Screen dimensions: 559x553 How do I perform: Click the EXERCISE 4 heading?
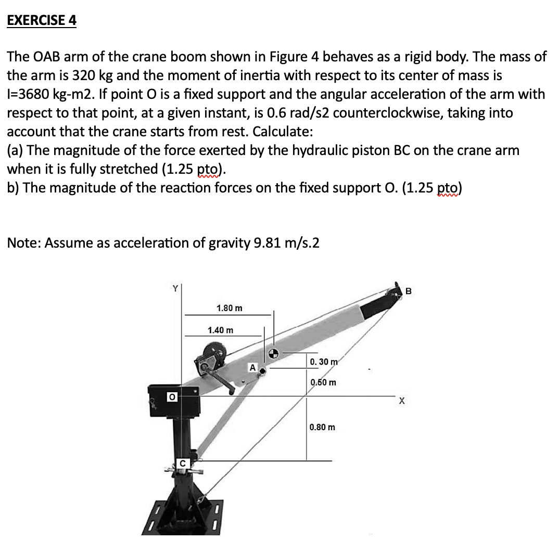pyautogui.click(x=42, y=21)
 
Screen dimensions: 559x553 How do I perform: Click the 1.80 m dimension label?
pyautogui.click(x=229, y=308)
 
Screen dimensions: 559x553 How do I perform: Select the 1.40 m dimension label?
pyautogui.click(x=220, y=330)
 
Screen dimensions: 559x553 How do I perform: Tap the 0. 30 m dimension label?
pyautogui.click(x=323, y=362)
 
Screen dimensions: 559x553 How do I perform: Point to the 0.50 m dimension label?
pyautogui.click(x=323, y=382)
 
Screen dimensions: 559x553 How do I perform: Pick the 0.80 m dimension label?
pyautogui.click(x=322, y=427)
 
